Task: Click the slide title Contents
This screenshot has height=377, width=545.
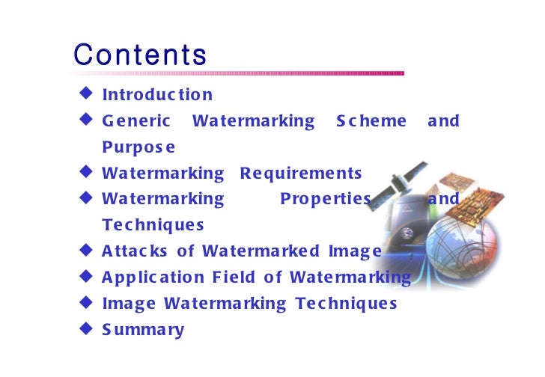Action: tap(140, 55)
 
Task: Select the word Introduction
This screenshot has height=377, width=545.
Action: tap(157, 95)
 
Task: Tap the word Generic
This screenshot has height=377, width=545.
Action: tap(136, 120)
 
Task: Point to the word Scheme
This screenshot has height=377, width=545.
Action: tap(371, 120)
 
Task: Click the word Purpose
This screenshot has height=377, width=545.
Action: tap(139, 147)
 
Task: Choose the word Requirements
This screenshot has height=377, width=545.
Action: tap(301, 174)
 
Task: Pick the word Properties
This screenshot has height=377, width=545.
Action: tap(326, 199)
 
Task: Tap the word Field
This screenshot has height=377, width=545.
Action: tap(233, 278)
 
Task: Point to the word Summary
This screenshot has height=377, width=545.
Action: tap(143, 329)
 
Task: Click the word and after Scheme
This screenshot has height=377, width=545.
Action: tap(443, 120)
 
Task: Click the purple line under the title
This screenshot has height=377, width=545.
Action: tap(239, 73)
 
